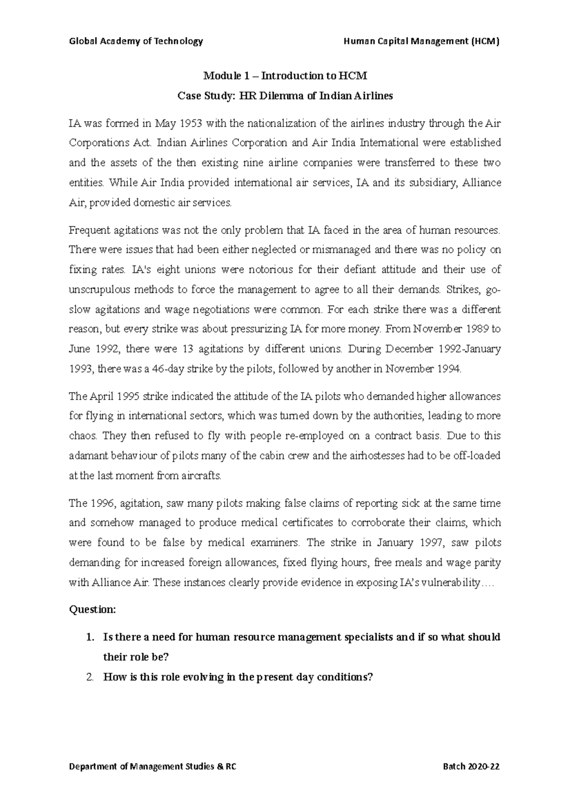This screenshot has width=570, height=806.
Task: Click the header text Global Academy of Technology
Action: pyautogui.click(x=136, y=41)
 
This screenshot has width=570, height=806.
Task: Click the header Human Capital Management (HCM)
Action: pyautogui.click(x=421, y=41)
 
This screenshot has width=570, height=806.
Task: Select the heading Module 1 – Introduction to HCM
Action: pyautogui.click(x=285, y=76)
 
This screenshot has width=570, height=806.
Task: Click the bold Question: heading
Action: pyautogui.click(x=93, y=609)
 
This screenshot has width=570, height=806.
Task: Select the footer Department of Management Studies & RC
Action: pyautogui.click(x=152, y=767)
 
